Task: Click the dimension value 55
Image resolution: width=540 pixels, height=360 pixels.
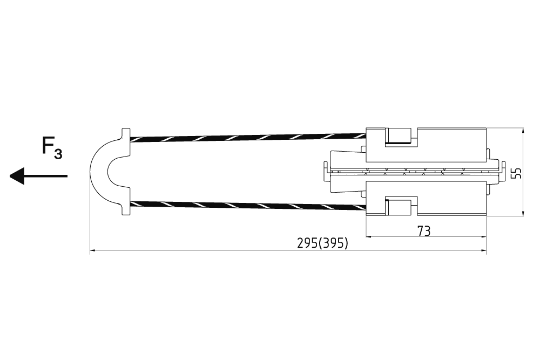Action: pos(516,172)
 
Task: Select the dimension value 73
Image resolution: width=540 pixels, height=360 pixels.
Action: pos(424,231)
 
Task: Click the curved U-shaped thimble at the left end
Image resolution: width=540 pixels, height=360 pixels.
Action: pos(100,172)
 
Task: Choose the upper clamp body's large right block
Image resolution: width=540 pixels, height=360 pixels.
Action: pos(453,145)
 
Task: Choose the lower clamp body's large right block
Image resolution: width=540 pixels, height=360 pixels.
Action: pos(453,199)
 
